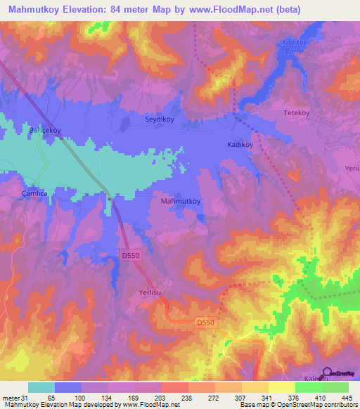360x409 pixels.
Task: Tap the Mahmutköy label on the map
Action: [181, 202]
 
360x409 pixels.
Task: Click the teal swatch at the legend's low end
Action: [41, 388]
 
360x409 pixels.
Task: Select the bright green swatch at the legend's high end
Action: [335, 388]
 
